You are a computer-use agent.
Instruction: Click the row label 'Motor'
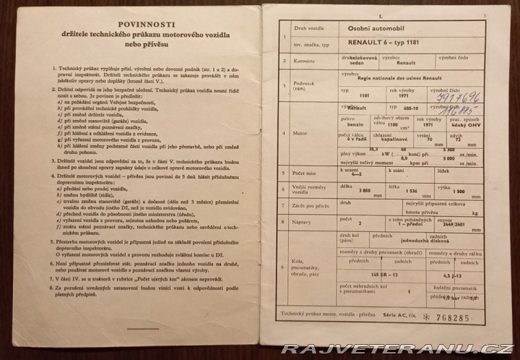point(302,134)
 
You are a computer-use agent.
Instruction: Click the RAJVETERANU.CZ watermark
point(397,348)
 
